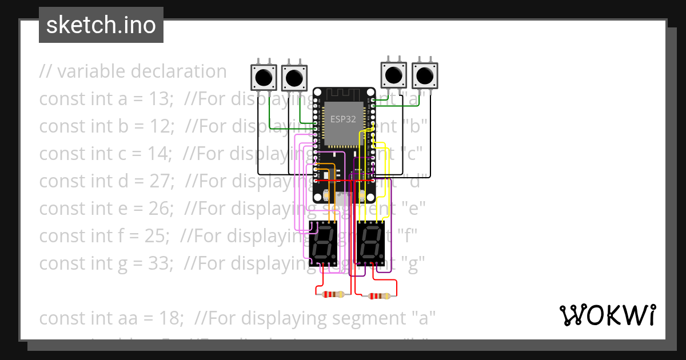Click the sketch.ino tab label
(x=101, y=25)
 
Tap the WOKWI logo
(x=607, y=315)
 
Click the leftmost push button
(x=264, y=77)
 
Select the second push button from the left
(x=294, y=77)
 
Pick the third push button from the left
(x=393, y=75)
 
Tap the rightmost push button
(x=424, y=75)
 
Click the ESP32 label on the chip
(x=343, y=119)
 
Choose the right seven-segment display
(x=371, y=243)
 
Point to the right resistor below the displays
(x=380, y=296)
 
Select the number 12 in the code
(x=161, y=126)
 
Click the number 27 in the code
(x=161, y=181)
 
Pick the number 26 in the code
(x=160, y=209)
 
